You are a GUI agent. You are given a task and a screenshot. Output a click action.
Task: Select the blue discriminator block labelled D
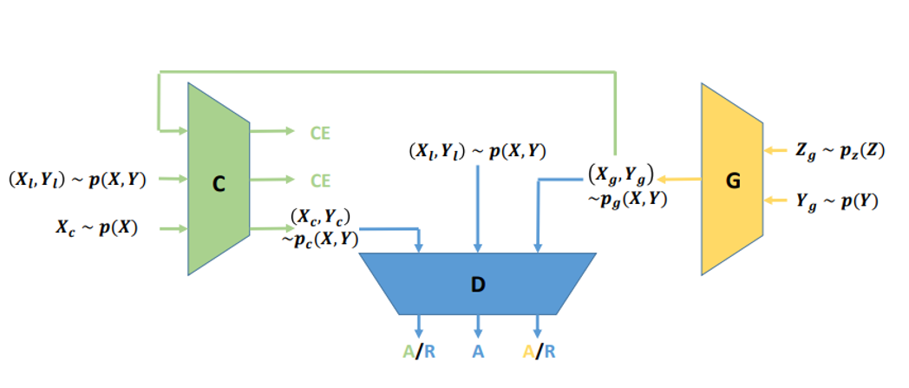(477, 283)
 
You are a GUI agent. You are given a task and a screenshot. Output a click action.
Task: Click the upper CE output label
(320, 133)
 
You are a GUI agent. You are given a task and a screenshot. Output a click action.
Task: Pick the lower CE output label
(320, 181)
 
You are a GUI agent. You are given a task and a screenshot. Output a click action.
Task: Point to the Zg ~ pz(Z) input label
(839, 150)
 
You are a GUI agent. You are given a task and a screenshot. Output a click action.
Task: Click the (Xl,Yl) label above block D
(477, 150)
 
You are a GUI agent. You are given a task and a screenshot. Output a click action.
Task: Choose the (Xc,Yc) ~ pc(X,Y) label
(321, 227)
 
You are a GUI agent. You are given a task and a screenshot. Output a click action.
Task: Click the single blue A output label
(478, 352)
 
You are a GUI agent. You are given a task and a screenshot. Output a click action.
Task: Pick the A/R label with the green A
(419, 352)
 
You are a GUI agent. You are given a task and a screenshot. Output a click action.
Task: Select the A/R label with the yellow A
(538, 352)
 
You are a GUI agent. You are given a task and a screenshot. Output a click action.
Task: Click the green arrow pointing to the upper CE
(271, 132)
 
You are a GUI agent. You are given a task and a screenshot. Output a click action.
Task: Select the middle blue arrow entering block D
(478, 208)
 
